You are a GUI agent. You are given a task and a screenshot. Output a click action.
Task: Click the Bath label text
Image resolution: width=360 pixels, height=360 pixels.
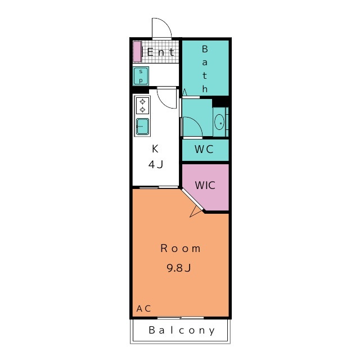pos(205,69)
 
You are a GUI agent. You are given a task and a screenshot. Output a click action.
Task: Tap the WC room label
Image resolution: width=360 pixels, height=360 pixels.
pos(204,149)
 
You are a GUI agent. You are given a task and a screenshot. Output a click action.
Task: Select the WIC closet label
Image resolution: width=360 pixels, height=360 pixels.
pos(205,185)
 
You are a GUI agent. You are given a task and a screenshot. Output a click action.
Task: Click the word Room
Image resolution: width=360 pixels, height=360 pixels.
pos(181,249)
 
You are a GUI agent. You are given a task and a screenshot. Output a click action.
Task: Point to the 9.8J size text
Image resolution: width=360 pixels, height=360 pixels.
pos(179,268)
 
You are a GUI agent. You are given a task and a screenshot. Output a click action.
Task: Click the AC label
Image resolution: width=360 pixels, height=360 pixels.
pos(144,309)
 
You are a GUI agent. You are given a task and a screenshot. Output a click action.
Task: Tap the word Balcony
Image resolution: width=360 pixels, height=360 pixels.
pos(182,330)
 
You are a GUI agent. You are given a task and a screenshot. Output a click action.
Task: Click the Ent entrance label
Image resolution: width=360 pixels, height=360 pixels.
pos(160,52)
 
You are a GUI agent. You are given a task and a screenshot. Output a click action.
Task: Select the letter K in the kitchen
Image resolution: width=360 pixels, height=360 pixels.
pos(155,148)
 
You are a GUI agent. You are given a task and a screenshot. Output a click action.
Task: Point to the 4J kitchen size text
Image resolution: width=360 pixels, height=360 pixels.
pos(156,164)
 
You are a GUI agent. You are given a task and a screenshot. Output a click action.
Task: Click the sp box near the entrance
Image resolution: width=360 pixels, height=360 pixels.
pos(141,76)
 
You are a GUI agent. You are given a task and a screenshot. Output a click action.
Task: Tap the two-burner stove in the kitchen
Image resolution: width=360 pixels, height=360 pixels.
pos(142,105)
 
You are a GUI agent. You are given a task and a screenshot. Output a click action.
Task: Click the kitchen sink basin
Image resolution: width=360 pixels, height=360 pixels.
pos(142,126)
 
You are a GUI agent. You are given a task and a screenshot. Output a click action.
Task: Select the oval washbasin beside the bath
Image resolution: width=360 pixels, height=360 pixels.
pos(219,123)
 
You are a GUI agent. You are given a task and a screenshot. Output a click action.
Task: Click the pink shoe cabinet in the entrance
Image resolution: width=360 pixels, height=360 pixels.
pos(137,51)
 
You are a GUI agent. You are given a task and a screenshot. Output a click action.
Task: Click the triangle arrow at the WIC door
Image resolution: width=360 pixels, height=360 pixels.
pos(195,211)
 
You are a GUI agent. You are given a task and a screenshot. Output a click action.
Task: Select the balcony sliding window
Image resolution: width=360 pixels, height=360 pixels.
pos(181,318)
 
